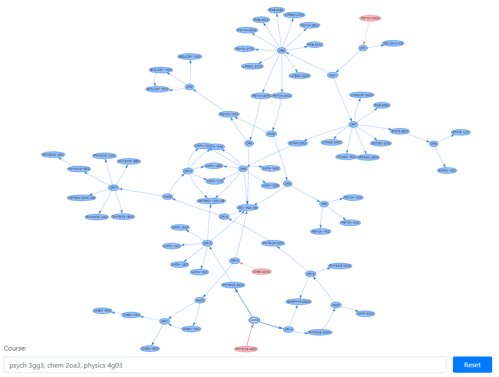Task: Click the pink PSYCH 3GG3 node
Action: tap(370, 18)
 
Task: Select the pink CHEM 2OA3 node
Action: tap(262, 272)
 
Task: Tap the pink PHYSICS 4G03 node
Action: tap(246, 349)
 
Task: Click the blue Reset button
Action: tap(472, 365)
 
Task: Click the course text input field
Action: tap(225, 365)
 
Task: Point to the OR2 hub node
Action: tap(281, 50)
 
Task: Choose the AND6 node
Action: tap(254, 320)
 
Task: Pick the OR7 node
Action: tap(353, 125)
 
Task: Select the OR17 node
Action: tap(113, 187)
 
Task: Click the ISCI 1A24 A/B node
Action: tap(248, 207)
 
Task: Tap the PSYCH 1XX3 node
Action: tap(229, 114)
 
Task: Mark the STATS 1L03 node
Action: tap(461, 132)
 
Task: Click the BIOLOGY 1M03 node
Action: tap(190, 56)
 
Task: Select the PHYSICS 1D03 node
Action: tap(53, 155)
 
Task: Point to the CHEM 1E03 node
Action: tap(150, 348)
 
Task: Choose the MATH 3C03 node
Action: tap(365, 313)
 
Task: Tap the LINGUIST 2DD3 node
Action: tap(362, 95)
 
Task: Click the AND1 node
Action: tap(333, 75)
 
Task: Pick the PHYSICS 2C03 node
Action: tap(273, 243)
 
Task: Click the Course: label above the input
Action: tap(15, 348)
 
